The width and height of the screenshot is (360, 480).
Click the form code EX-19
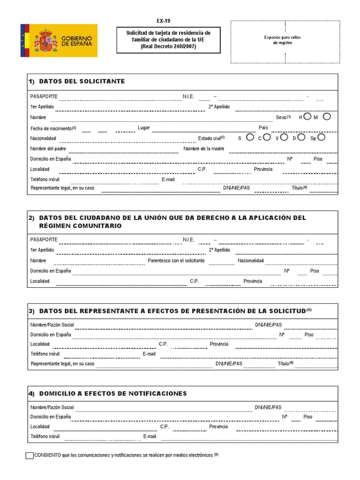(x=164, y=21)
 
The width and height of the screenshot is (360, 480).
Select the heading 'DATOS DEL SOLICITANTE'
(x=82, y=81)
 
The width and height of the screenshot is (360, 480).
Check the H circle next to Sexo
(x=307, y=116)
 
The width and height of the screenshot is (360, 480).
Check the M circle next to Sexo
(x=327, y=116)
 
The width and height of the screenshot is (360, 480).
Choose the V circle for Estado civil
(x=283, y=137)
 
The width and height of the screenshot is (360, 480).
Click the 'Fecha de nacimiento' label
(x=51, y=128)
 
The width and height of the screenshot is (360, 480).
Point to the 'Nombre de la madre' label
(x=204, y=149)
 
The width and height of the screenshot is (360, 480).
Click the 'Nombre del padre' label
(x=48, y=149)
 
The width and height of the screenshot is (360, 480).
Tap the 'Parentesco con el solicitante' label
(x=176, y=261)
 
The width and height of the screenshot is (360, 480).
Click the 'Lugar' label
(x=143, y=127)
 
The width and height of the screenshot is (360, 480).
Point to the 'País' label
(x=263, y=127)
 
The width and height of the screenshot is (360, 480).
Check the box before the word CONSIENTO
(x=29, y=455)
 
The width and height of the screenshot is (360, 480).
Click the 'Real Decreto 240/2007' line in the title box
(x=167, y=46)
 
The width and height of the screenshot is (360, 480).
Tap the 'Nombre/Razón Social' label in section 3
(x=52, y=325)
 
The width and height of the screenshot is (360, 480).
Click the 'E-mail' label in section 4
(x=150, y=436)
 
